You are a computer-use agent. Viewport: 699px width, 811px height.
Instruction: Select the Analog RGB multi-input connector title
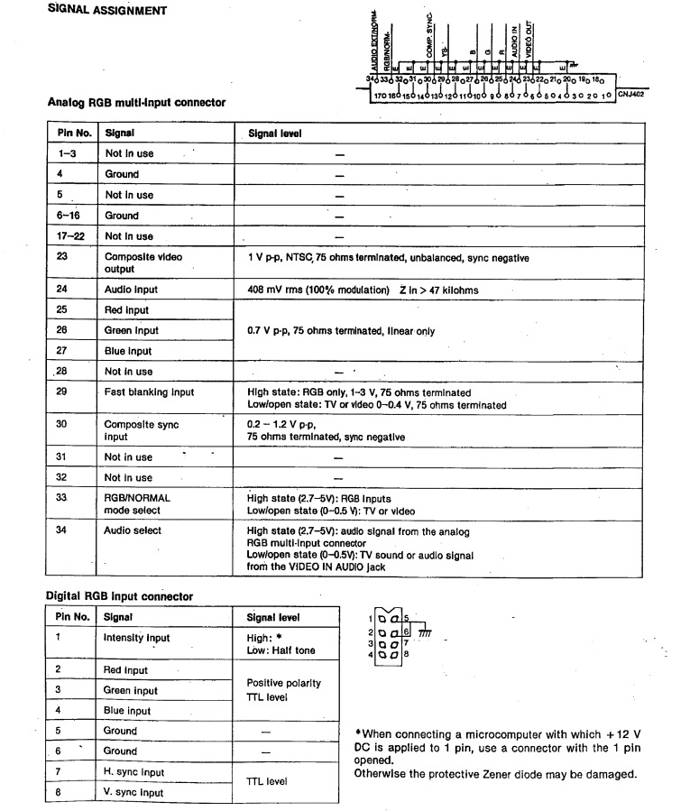(x=136, y=103)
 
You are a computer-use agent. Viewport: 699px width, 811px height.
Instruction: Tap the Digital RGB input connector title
(x=120, y=596)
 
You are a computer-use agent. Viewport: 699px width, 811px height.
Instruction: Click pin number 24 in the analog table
(x=61, y=290)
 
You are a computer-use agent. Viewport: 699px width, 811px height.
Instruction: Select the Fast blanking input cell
(x=149, y=392)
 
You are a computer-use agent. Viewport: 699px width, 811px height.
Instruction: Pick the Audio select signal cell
(x=133, y=530)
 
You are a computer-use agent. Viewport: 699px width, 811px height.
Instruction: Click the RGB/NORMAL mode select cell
(x=137, y=503)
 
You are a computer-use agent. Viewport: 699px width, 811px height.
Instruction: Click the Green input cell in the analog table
(x=132, y=330)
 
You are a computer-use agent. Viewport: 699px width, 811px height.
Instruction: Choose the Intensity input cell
(x=137, y=638)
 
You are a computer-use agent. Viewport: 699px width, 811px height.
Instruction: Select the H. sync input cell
(x=134, y=772)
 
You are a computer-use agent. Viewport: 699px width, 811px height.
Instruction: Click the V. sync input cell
(x=134, y=793)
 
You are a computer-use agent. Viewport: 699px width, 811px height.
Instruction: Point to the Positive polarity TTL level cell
(x=282, y=690)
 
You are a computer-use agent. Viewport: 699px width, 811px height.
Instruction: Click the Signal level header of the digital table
(x=273, y=618)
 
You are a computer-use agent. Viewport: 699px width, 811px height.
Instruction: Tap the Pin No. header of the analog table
(x=69, y=133)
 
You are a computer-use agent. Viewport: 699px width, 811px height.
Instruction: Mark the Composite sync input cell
(x=142, y=429)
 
